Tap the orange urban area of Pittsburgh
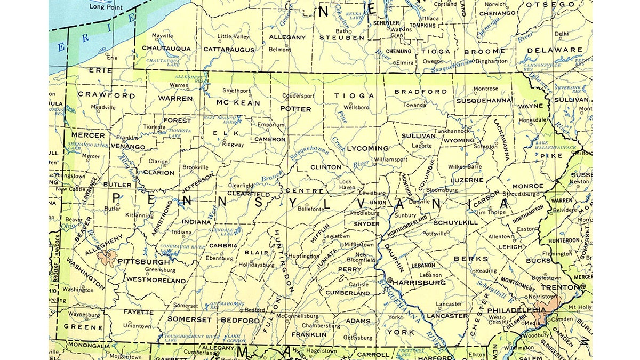coord(107,258)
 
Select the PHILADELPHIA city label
coord(509,310)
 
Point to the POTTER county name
coord(295,109)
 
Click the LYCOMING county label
coord(367,148)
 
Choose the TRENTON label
coord(559,286)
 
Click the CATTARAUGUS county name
coord(229,49)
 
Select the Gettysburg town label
coord(357,338)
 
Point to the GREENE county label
coord(83,327)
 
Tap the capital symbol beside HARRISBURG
coord(389,281)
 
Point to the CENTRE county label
coord(304,190)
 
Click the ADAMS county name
coord(358,321)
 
